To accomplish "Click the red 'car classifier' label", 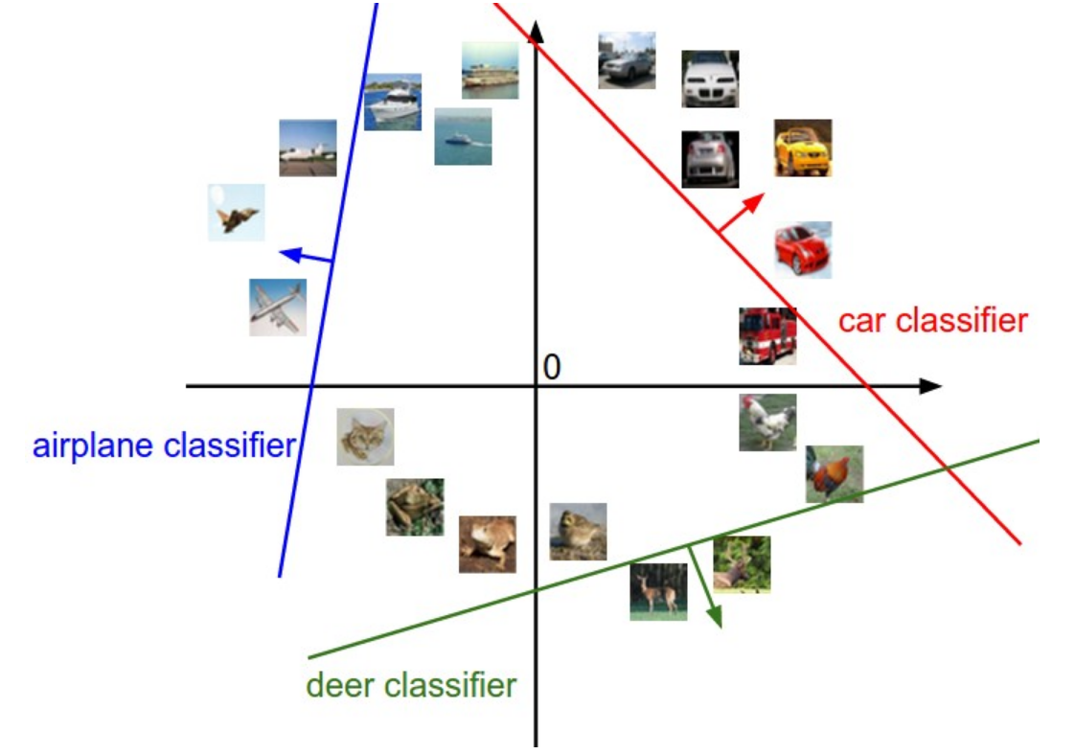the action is tap(932, 320).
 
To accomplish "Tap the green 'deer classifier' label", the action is tap(411, 685).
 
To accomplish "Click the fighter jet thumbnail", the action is tap(237, 213).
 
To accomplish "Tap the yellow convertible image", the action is tap(803, 148).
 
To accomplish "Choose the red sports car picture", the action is tap(803, 250).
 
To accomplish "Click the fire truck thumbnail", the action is tap(767, 336).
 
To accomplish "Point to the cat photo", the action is tap(365, 437).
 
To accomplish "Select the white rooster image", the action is tap(767, 423).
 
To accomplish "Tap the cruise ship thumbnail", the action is tap(490, 70).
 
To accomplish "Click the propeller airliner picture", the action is tap(278, 307).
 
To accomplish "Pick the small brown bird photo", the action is tap(578, 532).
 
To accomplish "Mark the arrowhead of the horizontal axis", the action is tap(931, 386).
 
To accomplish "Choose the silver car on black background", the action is tap(711, 159).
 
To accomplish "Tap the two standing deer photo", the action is tap(658, 591).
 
